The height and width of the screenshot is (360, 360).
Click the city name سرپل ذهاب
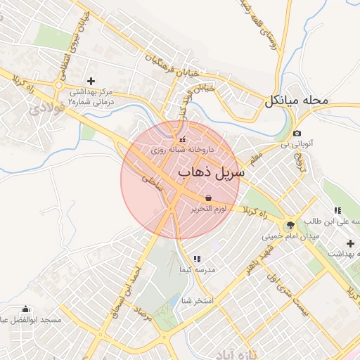click(211, 172)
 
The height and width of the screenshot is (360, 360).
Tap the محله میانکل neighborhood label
click(296, 101)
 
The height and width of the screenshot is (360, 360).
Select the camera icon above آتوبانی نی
click(297, 133)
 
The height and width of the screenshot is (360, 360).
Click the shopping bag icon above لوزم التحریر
click(208, 198)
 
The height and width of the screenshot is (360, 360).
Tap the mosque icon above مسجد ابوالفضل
click(26, 309)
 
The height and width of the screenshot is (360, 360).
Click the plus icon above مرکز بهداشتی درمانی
click(91, 81)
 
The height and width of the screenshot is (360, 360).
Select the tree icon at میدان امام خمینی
click(290, 225)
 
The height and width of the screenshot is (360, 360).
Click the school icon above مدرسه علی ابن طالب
click(337, 210)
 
